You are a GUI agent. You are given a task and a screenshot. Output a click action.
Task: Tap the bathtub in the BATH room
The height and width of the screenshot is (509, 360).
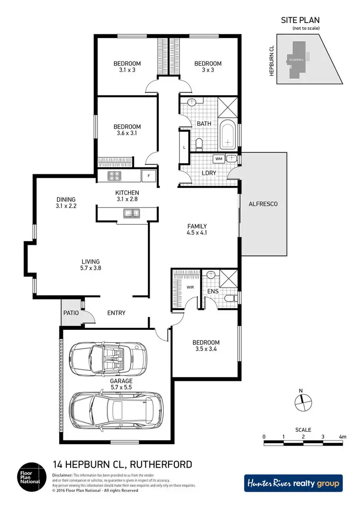(227, 136)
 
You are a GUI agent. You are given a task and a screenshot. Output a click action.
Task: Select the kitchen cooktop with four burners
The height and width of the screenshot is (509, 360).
(116, 176)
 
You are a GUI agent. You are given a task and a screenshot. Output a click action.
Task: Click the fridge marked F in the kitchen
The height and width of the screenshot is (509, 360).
(149, 176)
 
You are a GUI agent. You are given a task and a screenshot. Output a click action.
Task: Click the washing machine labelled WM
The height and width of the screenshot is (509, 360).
(219, 158)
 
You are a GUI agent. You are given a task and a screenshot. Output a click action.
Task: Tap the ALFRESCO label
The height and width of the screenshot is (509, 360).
(263, 204)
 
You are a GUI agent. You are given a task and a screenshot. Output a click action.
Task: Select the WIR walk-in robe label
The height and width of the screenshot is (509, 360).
(190, 287)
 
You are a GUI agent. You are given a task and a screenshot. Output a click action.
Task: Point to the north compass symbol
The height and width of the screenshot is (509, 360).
(302, 402)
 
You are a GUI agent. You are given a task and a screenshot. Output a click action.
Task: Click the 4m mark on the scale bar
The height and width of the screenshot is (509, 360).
(342, 436)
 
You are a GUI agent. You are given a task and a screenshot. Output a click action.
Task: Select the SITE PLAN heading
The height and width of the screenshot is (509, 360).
(300, 20)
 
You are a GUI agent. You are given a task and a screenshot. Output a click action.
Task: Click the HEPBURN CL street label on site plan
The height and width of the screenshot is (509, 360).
(271, 61)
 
